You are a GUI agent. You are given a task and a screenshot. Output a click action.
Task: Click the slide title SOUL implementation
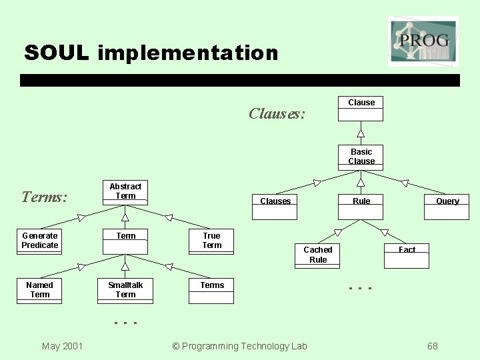click(151, 53)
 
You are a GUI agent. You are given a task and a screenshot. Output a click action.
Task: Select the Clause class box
click(361, 109)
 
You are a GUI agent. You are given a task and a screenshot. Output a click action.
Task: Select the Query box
click(447, 207)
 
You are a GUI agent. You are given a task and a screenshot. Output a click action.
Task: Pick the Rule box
click(361, 207)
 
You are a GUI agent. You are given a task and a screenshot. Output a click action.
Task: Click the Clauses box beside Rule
click(275, 207)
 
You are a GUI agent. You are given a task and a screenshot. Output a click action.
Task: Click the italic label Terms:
click(44, 197)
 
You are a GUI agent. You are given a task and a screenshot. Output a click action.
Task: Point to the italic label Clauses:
click(277, 113)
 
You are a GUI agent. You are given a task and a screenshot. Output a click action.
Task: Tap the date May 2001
click(62, 346)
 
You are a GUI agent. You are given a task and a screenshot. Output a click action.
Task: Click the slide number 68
click(433, 346)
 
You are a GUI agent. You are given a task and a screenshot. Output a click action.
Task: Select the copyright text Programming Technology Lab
click(239, 346)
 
